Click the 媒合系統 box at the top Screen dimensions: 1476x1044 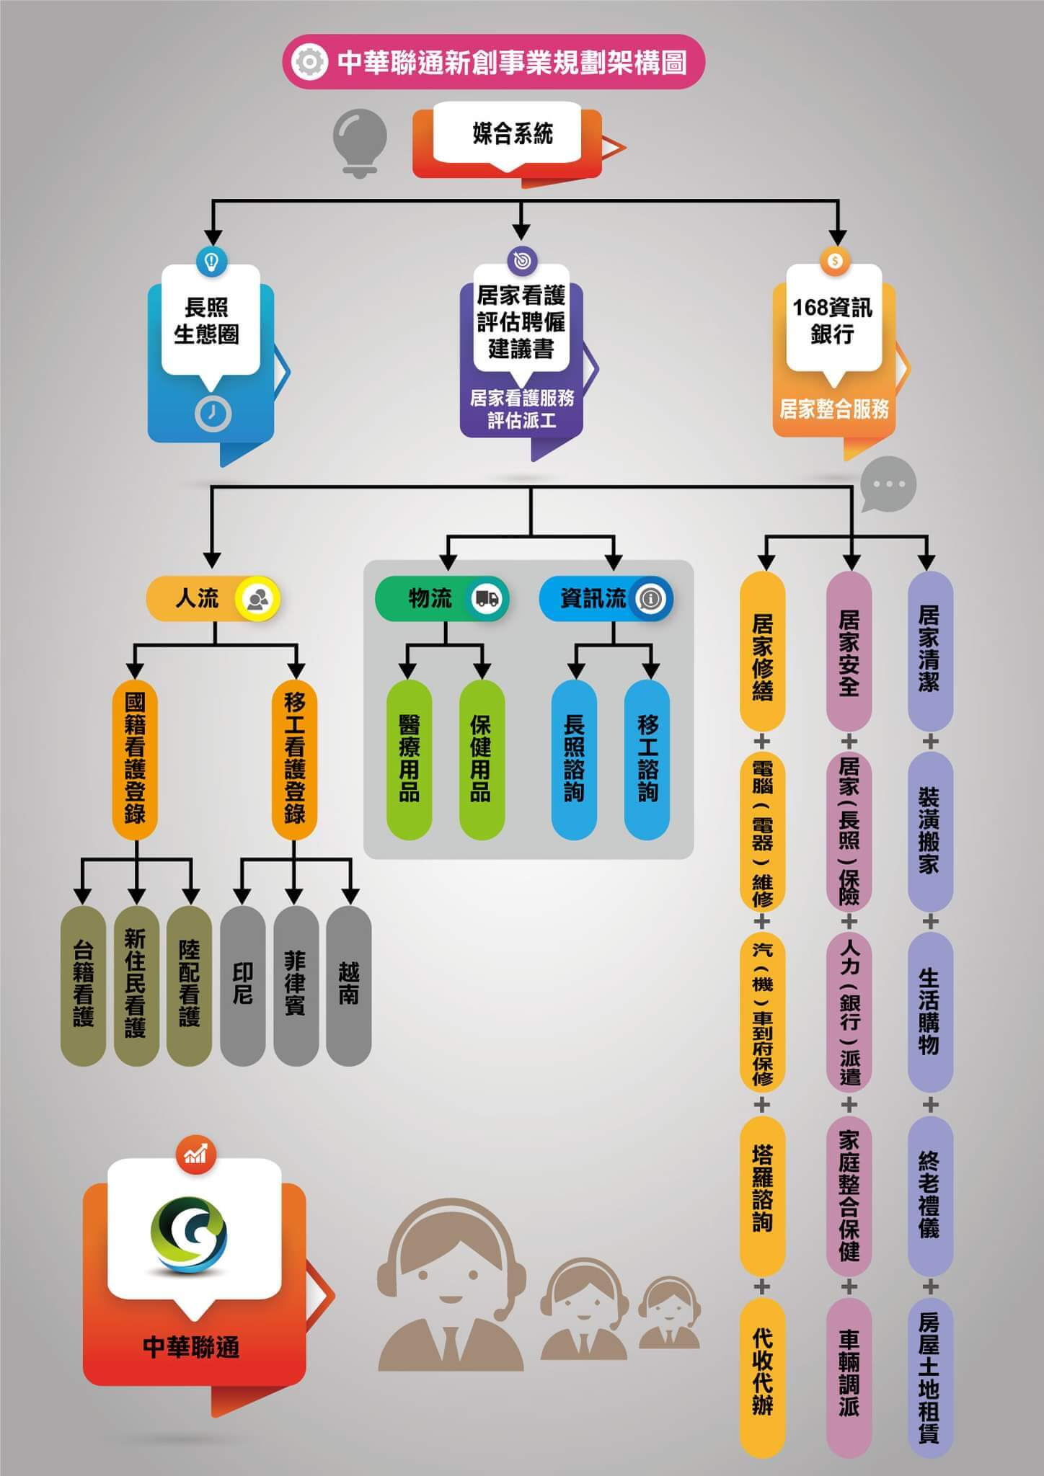coord(513,135)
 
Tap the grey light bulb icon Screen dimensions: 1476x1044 coord(360,141)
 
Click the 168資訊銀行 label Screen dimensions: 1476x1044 coord(833,320)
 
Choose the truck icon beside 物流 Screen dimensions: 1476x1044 coord(486,598)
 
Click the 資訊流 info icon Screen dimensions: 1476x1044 coord(651,598)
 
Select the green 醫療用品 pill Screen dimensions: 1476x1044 coord(410,760)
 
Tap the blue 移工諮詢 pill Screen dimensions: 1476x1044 coord(647,760)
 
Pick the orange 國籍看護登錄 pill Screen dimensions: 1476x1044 coord(135,760)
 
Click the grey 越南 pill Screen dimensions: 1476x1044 coord(349,985)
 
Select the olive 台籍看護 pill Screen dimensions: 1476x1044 coord(83,985)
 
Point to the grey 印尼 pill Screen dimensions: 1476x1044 coord(243,985)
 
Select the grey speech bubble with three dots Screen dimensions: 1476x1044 coord(888,484)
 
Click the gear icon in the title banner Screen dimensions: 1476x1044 coord(309,62)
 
